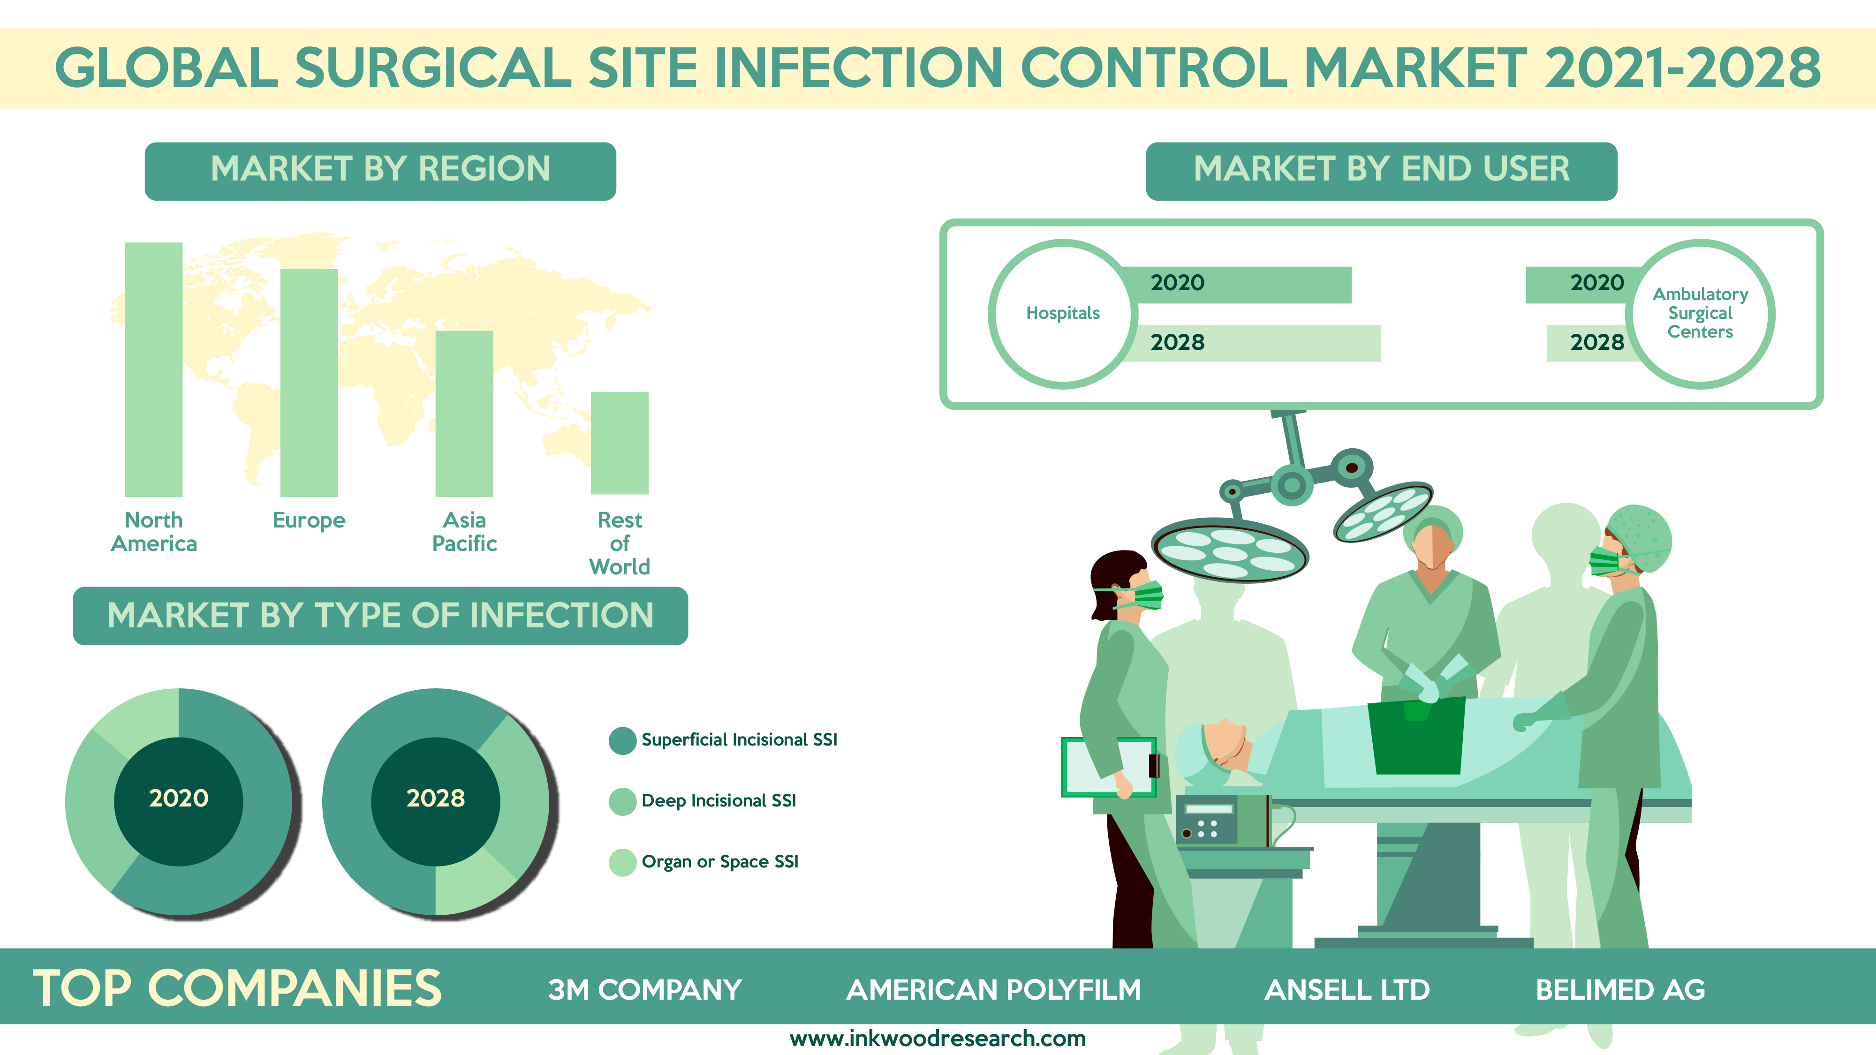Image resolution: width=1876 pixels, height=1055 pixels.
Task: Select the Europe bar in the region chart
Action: coord(309,383)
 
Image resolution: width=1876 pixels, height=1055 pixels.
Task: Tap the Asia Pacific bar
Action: coord(465,414)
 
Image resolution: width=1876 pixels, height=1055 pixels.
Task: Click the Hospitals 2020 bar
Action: coord(1238,285)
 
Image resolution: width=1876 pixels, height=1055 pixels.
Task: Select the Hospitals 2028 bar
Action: coord(1253,343)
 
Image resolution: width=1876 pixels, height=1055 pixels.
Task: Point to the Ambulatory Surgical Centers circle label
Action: coord(1701,314)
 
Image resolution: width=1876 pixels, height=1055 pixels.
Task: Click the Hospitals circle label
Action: coord(1063,314)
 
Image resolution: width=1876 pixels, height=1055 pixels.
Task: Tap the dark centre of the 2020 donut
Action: coord(178,802)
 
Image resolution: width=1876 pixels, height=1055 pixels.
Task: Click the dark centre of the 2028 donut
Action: coord(436,802)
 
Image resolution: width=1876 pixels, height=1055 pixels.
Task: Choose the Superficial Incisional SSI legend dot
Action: coord(623,740)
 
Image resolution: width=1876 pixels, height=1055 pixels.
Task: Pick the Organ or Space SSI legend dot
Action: coord(623,863)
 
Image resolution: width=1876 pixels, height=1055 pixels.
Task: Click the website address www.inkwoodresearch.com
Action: coord(938,1038)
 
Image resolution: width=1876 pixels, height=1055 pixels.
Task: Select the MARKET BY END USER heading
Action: coord(1382,170)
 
